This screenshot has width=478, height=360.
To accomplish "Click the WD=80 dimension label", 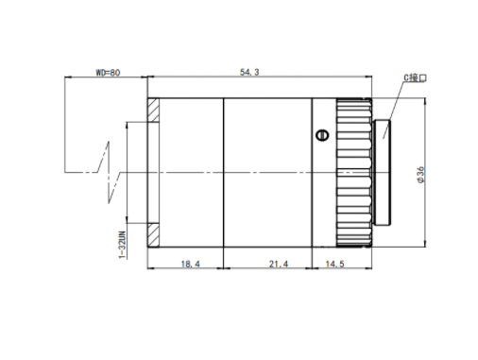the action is click(108, 73).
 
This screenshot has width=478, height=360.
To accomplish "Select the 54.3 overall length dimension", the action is click(249, 72).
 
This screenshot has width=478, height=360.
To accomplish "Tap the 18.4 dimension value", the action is click(190, 264).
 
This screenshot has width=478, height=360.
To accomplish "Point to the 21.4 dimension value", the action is click(279, 264).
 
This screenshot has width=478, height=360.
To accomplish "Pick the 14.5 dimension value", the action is click(334, 264).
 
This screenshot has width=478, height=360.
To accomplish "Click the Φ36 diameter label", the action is click(420, 175).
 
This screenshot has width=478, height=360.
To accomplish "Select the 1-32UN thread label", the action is click(122, 245).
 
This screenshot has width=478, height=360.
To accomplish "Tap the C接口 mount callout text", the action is click(415, 77).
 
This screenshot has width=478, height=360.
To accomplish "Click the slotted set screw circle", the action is click(322, 135).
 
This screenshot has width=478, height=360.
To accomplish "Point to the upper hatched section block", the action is click(153, 111).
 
